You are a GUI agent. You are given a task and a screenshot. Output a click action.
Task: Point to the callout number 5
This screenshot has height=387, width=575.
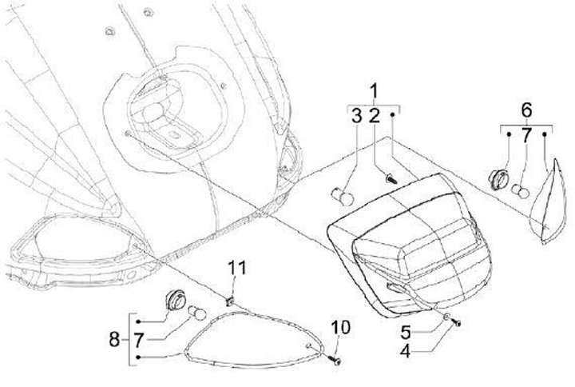point(407,330)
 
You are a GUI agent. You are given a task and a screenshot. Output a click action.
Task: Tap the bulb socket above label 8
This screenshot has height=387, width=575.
point(170,300)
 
